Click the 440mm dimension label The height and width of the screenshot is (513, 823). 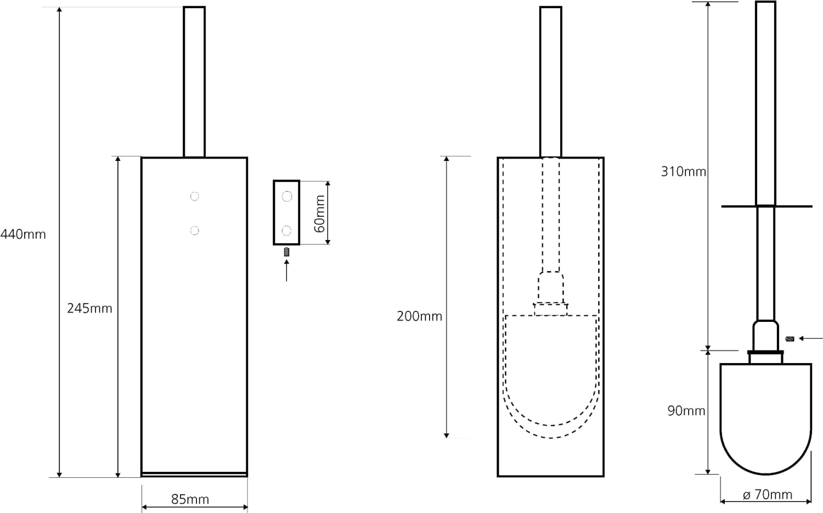click(23, 234)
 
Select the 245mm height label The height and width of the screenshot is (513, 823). click(89, 308)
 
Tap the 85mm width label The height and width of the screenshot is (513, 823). click(190, 499)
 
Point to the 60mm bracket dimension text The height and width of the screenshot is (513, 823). click(320, 214)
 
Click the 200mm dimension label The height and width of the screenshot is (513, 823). click(420, 316)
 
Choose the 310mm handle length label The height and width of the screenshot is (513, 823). click(684, 172)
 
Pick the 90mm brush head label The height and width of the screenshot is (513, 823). click(686, 410)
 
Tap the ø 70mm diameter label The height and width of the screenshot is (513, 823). click(768, 495)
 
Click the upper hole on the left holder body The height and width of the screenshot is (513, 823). click(195, 197)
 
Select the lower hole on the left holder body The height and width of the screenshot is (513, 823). click(195, 231)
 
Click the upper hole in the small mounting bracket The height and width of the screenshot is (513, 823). click(287, 197)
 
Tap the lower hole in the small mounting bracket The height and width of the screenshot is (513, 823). click(286, 231)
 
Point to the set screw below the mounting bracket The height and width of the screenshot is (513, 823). click(286, 252)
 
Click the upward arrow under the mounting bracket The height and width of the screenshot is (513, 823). click(286, 270)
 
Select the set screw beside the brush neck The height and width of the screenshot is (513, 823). click(790, 339)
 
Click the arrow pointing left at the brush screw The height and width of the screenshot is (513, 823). click(811, 338)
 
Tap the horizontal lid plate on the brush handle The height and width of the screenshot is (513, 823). click(766, 207)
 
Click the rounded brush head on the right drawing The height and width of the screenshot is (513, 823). click(766, 419)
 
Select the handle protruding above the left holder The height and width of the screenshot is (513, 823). click(194, 82)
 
